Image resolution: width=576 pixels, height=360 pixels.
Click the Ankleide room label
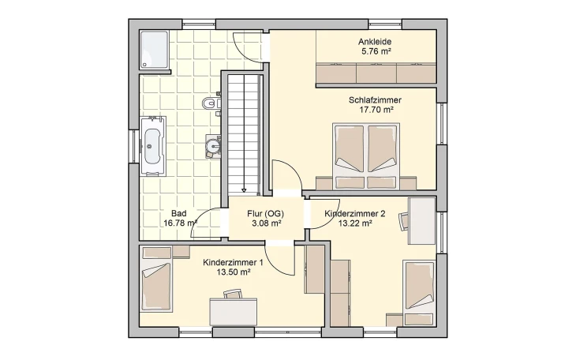[x=375, y=42]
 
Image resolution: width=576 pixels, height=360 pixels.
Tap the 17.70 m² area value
[x=375, y=110]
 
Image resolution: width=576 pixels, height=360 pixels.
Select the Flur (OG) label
[x=266, y=214]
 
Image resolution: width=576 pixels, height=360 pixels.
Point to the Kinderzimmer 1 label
[x=233, y=263]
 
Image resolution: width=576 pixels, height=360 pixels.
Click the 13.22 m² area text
[x=355, y=223]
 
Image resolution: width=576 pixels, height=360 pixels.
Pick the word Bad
[x=179, y=213]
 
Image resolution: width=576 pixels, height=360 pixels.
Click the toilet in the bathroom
[x=211, y=103]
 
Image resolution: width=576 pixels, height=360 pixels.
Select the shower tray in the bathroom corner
[x=154, y=50]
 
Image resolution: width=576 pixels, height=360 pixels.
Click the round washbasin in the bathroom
[x=213, y=146]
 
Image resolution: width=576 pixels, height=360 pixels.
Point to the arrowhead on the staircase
[x=244, y=190]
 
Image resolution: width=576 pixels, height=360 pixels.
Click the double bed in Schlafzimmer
[x=365, y=156]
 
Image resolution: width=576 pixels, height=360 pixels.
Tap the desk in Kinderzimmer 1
[x=233, y=312]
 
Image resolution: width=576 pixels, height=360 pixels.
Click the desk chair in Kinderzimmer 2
[x=403, y=220]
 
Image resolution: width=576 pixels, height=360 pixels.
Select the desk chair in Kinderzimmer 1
[x=233, y=294]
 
